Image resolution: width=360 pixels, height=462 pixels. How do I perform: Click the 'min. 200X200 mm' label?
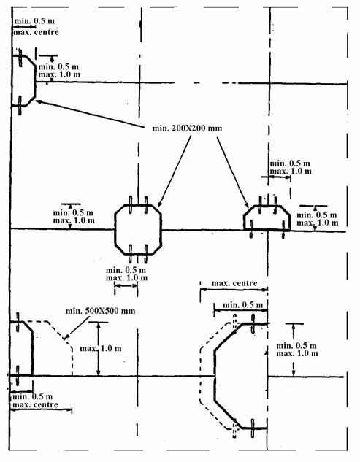point(187,128)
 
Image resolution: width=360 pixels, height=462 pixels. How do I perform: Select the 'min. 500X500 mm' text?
point(100,311)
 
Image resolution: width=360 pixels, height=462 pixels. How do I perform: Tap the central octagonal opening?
point(115,229)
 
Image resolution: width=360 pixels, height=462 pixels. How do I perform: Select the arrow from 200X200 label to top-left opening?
point(91,115)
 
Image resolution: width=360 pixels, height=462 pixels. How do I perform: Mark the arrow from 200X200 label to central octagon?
point(175,171)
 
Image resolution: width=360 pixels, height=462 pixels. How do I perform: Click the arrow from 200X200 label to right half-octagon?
point(233,172)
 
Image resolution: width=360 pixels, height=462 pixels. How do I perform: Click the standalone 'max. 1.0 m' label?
point(101,349)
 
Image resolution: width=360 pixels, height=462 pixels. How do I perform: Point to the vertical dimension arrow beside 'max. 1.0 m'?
point(99,349)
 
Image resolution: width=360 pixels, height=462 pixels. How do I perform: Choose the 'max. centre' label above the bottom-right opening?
point(234,283)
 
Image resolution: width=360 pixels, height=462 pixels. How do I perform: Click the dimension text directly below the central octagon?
point(126,274)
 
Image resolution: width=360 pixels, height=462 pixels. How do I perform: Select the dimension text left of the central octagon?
point(74,217)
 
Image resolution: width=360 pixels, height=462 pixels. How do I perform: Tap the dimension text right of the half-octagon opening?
point(317,219)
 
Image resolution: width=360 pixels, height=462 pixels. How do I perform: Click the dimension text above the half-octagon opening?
point(291,167)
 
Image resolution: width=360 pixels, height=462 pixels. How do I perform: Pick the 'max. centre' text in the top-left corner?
point(36,32)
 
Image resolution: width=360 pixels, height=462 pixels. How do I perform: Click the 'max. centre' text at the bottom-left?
point(35,404)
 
